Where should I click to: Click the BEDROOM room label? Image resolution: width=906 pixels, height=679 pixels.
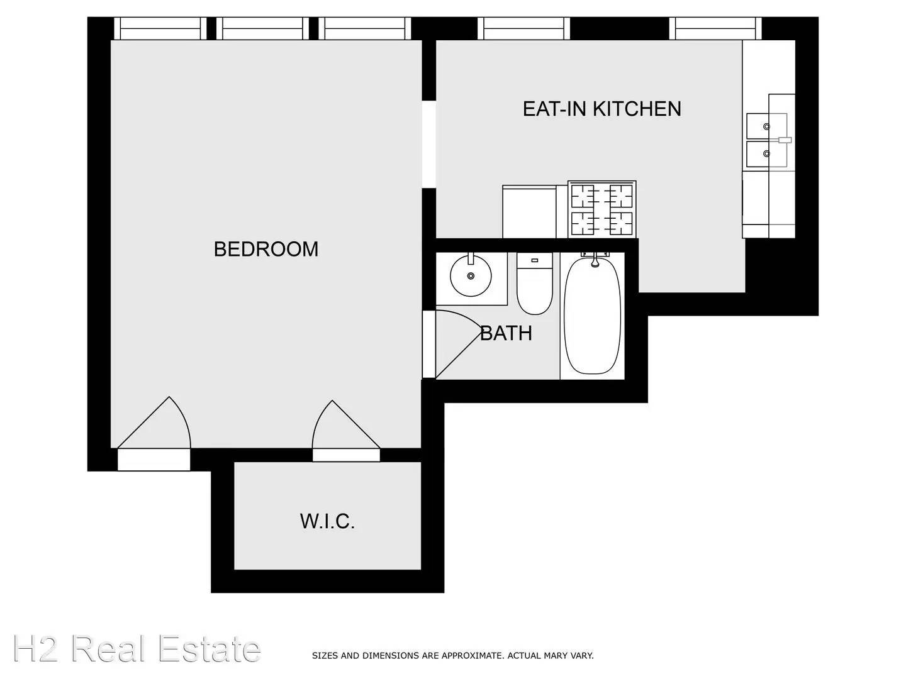266,249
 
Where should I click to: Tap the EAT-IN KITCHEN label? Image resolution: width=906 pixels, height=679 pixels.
602,109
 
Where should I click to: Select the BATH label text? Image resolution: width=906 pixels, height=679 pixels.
506,333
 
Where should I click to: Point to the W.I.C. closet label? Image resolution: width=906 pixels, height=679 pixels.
327,522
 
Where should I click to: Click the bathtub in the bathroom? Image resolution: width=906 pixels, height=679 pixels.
592,316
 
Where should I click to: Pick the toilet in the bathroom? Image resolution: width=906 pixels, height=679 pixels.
535,283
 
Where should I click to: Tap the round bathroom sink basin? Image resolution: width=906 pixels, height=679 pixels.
471,276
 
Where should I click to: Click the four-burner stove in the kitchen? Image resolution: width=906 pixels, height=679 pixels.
602,209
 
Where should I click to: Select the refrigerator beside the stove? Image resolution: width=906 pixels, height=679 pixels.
529,211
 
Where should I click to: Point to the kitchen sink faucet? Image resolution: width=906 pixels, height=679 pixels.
783,140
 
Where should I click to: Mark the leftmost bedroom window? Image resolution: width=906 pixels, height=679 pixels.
160,28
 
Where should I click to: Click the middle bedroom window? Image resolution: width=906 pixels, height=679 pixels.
262,28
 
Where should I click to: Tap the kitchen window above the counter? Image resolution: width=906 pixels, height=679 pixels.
715,28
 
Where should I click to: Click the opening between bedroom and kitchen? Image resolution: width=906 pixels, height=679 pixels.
429,145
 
